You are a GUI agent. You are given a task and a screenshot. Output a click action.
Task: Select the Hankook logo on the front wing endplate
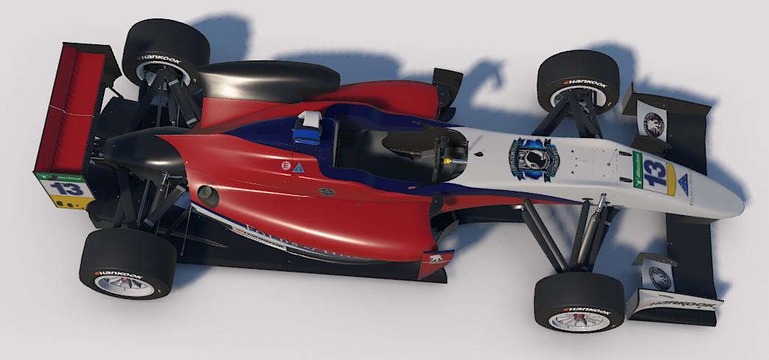[x=672, y=302]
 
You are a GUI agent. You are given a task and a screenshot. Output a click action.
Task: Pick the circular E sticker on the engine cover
[x=285, y=167]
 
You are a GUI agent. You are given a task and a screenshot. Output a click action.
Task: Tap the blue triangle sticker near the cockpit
[x=298, y=168]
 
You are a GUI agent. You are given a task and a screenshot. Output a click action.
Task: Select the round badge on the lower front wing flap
[x=658, y=277]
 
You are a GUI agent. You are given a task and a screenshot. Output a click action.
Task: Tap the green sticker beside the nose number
[x=638, y=170]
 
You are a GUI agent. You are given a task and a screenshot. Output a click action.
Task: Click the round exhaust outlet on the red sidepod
[x=208, y=196]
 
